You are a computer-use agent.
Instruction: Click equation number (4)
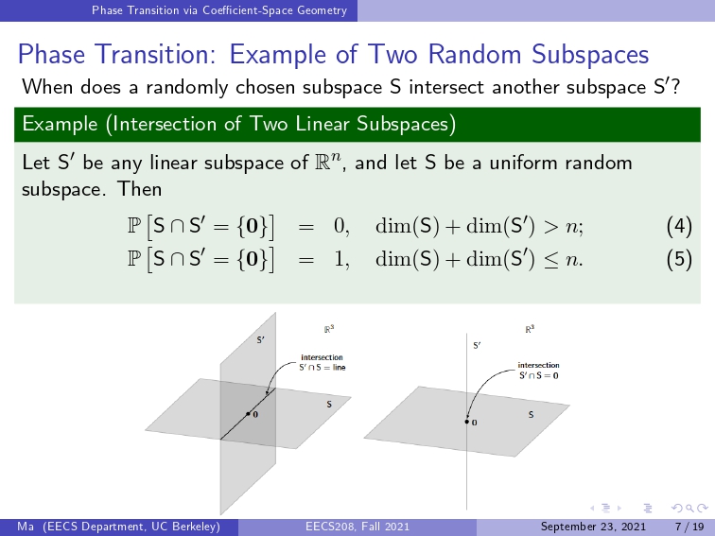(x=679, y=226)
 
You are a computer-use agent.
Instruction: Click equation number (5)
(x=679, y=259)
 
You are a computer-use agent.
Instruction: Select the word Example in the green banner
(x=60, y=124)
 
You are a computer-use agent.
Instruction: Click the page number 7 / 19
(x=689, y=527)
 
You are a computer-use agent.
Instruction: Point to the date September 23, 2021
(x=593, y=527)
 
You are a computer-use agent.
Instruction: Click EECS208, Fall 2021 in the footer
(x=357, y=527)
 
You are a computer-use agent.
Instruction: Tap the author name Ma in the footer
(x=26, y=527)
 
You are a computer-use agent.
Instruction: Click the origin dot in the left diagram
(x=248, y=414)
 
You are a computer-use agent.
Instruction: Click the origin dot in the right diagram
(x=467, y=422)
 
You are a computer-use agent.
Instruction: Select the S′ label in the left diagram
(x=260, y=340)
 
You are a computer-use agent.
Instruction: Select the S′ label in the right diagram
(x=477, y=346)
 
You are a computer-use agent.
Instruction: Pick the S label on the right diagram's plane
(x=531, y=415)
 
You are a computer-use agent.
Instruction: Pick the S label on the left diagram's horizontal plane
(x=329, y=405)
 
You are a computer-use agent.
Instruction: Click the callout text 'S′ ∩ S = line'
(x=323, y=368)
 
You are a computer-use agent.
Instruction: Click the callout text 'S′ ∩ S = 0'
(x=538, y=375)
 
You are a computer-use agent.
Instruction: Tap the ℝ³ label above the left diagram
(x=329, y=329)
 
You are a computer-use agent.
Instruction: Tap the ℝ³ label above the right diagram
(x=530, y=329)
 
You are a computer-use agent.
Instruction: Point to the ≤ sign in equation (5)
(x=551, y=260)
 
